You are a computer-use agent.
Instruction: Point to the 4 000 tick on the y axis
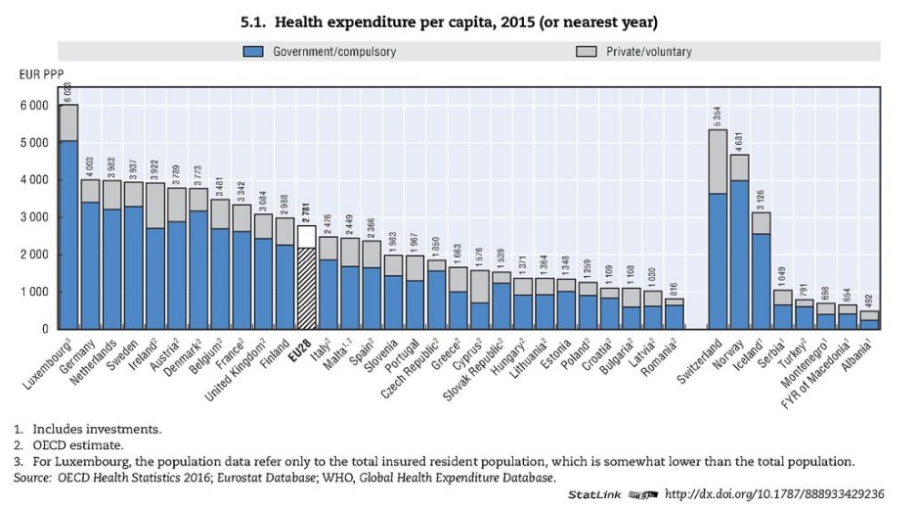(33, 180)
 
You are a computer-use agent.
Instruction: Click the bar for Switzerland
(718, 235)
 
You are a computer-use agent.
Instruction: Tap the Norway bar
(739, 245)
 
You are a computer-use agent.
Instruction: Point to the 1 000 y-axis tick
(33, 292)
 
